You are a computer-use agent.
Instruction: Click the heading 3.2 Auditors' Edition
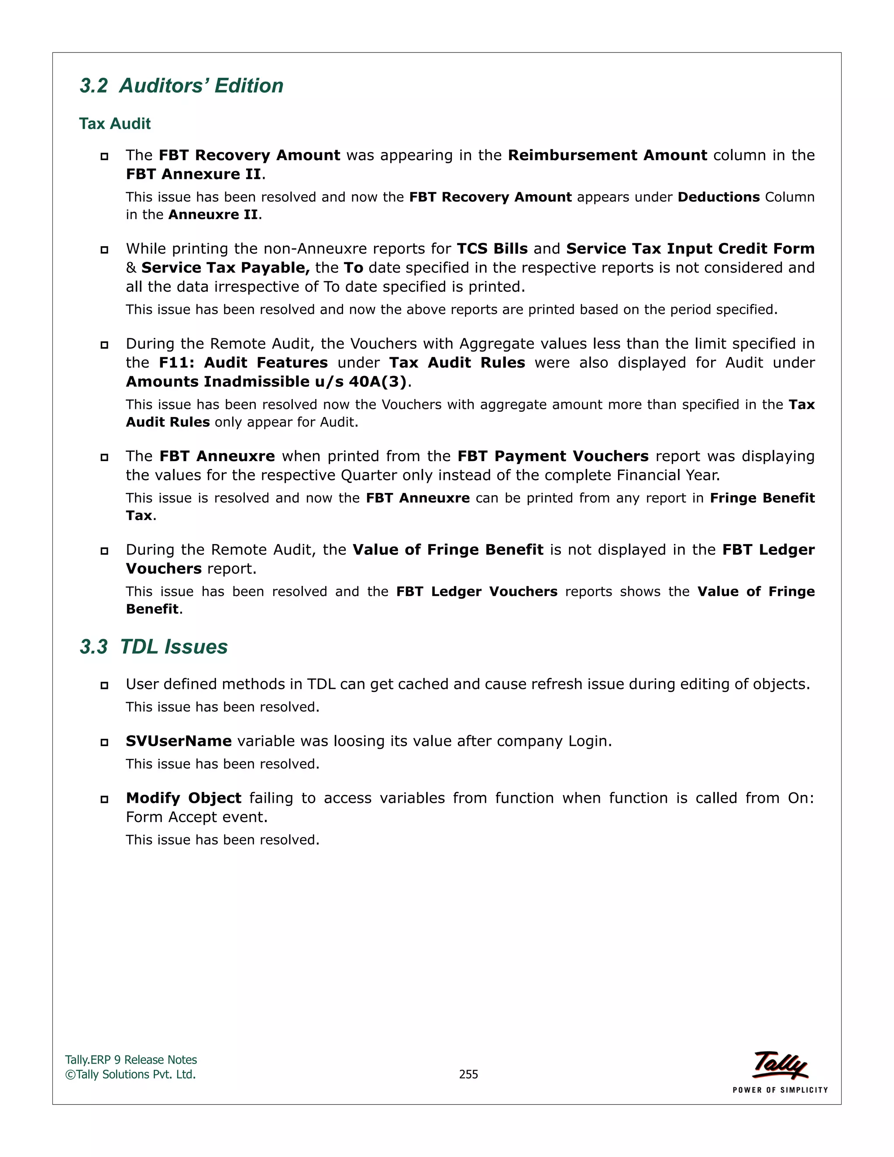tap(181, 86)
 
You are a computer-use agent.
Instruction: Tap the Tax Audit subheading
tap(114, 124)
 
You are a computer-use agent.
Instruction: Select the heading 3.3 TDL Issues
tap(154, 647)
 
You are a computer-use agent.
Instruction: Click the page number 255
tap(468, 1074)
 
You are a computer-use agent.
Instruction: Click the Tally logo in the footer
tap(780, 1065)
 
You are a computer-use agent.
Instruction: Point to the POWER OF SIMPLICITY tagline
tap(780, 1090)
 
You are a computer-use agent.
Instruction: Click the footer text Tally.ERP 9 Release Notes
tap(131, 1060)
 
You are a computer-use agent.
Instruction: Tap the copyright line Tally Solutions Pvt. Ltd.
tap(131, 1074)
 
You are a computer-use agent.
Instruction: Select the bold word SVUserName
tap(179, 741)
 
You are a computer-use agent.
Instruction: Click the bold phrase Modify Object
tap(183, 798)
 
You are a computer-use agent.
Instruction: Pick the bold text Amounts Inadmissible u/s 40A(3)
tap(266, 382)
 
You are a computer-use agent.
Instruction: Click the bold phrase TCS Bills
tap(492, 249)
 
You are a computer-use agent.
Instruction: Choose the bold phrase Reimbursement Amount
tap(607, 155)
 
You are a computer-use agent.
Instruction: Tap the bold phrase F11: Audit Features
tap(243, 363)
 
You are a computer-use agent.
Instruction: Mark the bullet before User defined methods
tap(104, 685)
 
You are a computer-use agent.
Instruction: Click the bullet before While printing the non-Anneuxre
tap(104, 249)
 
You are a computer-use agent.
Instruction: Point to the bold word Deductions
tap(718, 197)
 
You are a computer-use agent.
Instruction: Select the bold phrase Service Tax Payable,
tap(225, 268)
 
